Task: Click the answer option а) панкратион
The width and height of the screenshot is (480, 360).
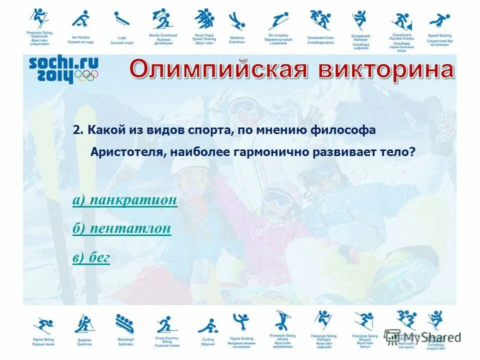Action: click(124, 200)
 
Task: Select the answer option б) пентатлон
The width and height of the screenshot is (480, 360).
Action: click(121, 229)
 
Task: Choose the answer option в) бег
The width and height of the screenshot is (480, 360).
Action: click(91, 258)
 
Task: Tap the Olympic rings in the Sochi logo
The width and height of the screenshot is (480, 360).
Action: click(87, 75)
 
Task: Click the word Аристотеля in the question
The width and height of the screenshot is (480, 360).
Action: click(125, 152)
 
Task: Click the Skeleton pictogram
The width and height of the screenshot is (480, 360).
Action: click(236, 21)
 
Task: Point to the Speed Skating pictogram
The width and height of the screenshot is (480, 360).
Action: click(439, 20)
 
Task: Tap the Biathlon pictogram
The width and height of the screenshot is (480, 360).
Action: click(84, 324)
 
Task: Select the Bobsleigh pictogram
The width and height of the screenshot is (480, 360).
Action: click(124, 324)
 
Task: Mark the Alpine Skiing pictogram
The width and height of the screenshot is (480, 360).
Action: click(42, 325)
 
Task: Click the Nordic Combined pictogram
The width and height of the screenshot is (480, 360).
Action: click(162, 19)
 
